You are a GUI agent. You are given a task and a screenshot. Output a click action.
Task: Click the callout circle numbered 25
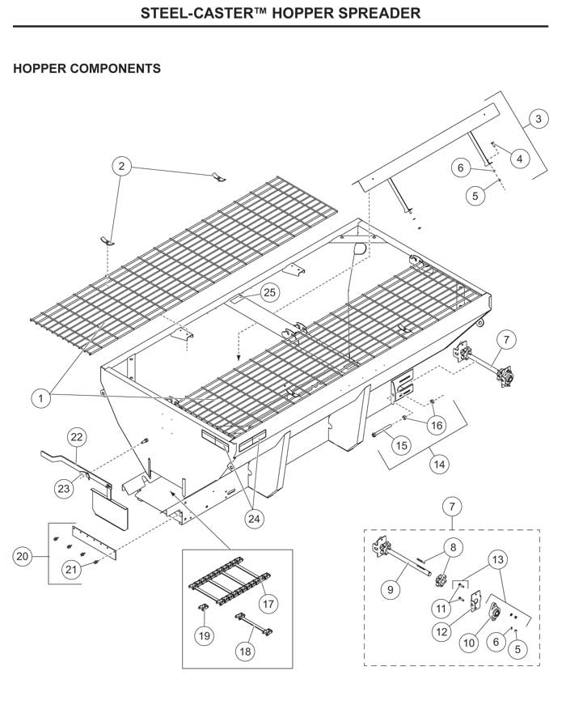point(268,292)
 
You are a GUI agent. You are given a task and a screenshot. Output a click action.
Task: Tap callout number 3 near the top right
point(538,120)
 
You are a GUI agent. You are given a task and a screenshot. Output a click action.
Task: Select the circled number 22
point(75,438)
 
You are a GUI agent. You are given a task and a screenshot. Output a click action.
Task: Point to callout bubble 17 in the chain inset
point(267,604)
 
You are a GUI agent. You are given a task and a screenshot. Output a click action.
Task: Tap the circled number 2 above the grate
point(122,167)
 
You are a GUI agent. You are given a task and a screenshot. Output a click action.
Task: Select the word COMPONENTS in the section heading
point(113,69)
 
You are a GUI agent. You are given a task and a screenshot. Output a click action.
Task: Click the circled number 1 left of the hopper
point(40,397)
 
